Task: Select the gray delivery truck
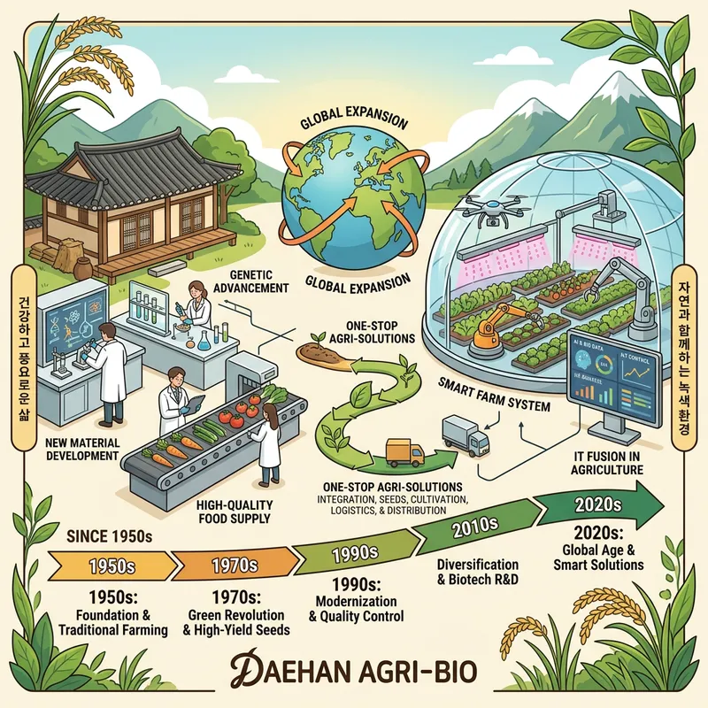coord(466,433)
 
